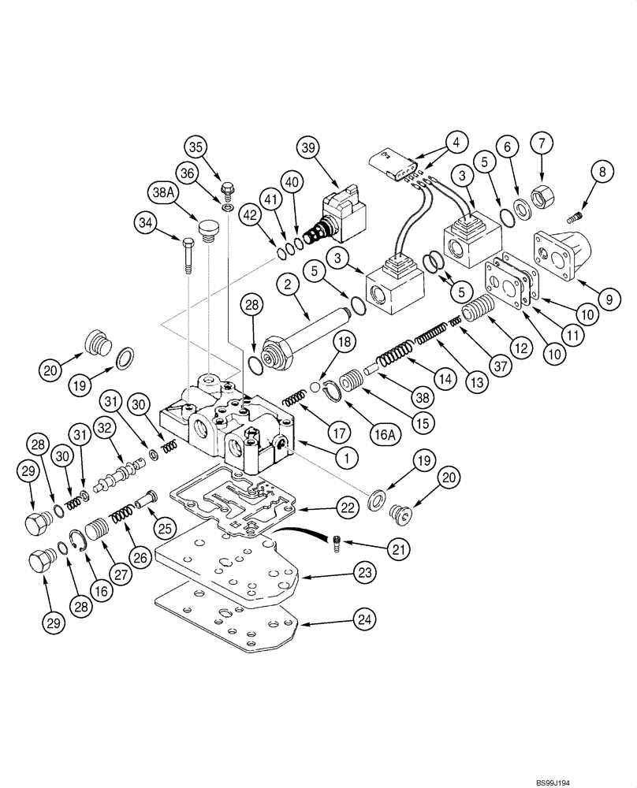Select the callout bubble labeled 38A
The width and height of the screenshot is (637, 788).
coord(159,193)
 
